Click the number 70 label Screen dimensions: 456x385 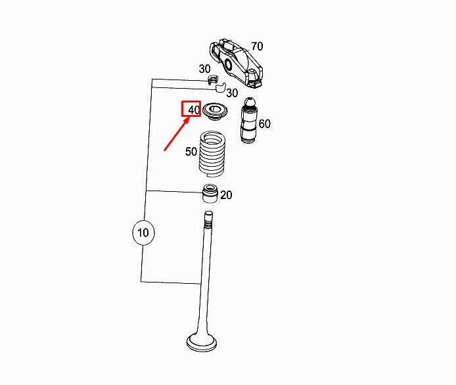(x=256, y=46)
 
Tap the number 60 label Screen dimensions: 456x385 (x=264, y=124)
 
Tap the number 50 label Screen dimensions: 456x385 (x=191, y=152)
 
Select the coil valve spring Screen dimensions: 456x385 (x=212, y=154)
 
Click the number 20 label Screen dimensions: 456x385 (x=226, y=195)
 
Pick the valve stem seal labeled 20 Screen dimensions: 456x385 (x=209, y=194)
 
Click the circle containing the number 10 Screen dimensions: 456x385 (x=143, y=232)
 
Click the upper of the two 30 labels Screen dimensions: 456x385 (x=205, y=69)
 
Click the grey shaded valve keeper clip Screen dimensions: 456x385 (x=212, y=81)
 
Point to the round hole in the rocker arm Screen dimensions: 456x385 (x=229, y=64)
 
